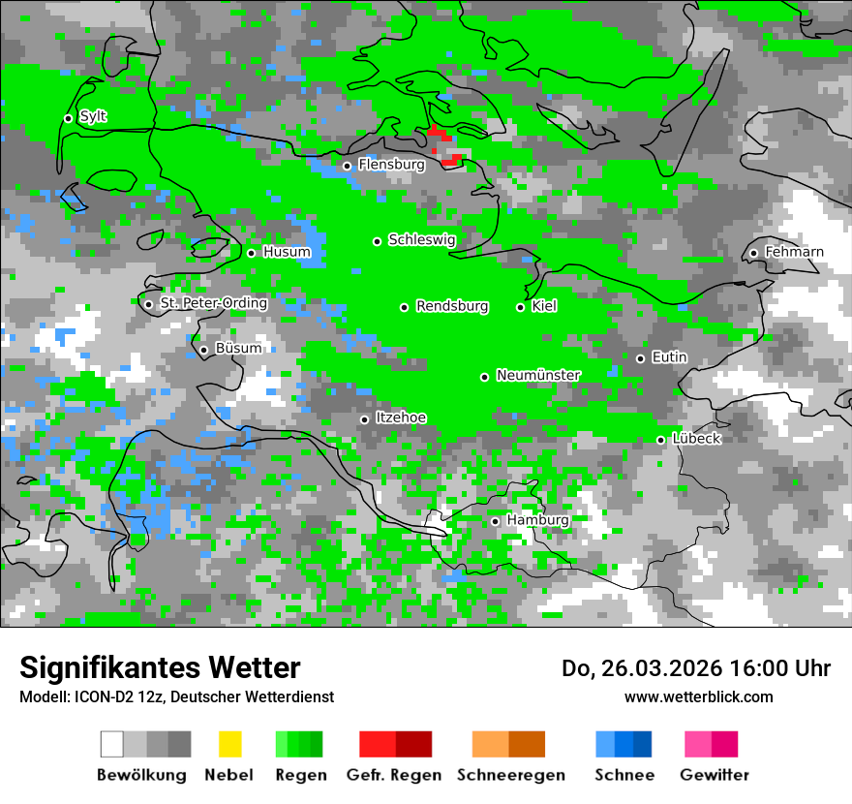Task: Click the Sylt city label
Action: coord(93,117)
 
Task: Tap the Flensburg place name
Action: coord(391,165)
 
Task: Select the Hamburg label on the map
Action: coord(537,520)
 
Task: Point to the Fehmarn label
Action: coord(794,252)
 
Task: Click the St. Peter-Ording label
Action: coord(213,303)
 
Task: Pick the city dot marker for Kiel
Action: coord(520,307)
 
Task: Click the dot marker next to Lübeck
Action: coord(660,440)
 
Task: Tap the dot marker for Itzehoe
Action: coord(364,419)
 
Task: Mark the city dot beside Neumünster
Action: coord(484,377)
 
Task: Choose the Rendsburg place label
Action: coord(452,306)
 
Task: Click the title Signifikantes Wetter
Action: coord(160,667)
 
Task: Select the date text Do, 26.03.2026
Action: coord(638,668)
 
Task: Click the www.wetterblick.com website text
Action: coord(698,696)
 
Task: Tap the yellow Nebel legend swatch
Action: coord(229,744)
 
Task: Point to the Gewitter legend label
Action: coord(714,775)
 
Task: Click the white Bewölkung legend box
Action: coord(112,744)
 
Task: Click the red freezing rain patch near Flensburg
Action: coord(437,132)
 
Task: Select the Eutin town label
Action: coord(669,357)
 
